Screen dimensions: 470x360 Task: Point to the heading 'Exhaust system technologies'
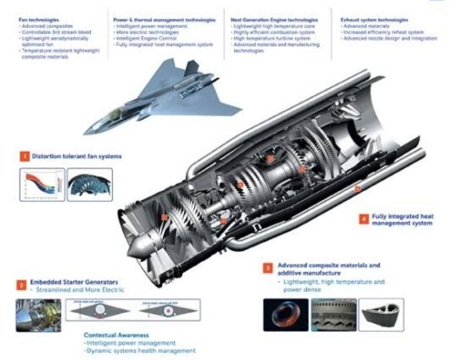coord(373,21)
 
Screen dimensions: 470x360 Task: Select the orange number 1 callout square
coord(24,157)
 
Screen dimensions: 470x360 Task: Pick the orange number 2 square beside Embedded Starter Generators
coord(22,285)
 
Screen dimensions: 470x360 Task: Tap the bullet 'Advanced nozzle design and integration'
coord(389,39)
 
